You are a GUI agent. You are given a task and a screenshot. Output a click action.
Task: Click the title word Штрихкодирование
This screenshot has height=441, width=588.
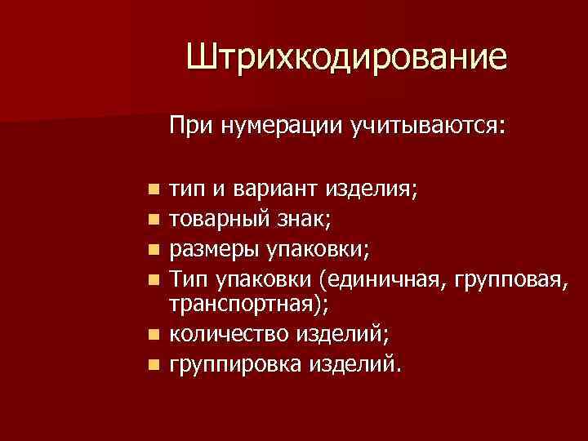(346, 58)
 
